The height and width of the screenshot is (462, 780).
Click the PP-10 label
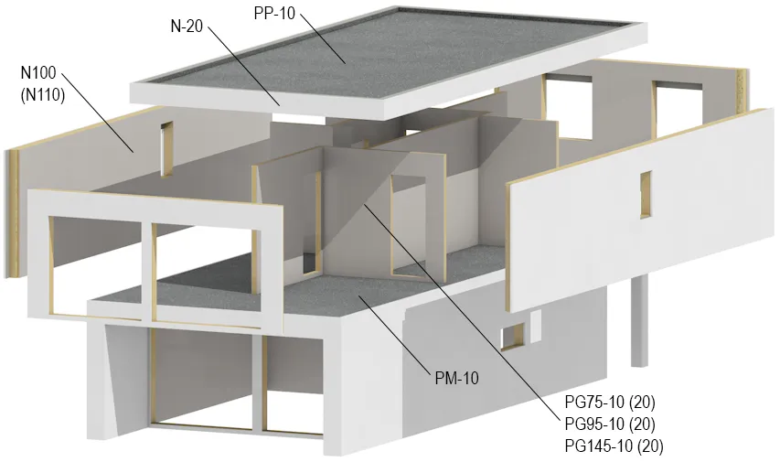point(274,13)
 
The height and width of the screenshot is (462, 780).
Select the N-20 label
point(187,26)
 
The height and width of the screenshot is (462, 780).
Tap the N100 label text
point(38,72)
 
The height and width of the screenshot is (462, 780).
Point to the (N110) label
point(43,94)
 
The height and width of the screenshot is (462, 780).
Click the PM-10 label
point(456,379)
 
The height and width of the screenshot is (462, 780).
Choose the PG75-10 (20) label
point(610,402)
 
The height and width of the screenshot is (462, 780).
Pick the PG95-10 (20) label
point(610,424)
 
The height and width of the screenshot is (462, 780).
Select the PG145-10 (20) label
point(614,446)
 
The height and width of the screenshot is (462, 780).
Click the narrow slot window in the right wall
point(646,194)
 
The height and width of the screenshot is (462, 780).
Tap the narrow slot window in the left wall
point(166,149)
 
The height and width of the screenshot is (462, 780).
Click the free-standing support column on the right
point(640,321)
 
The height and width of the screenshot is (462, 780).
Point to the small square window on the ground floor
point(512,336)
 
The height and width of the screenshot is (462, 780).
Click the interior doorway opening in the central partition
point(409,226)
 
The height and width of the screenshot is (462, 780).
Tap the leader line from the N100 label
point(98,113)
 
